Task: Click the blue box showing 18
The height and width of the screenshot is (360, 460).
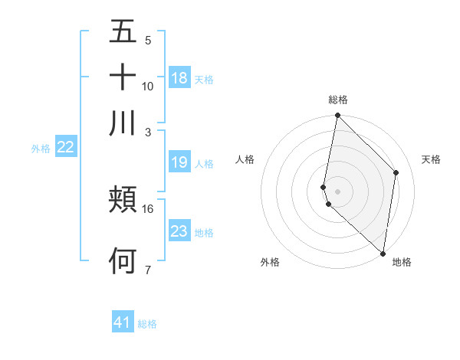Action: pos(179,78)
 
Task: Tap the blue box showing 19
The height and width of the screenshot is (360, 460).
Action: pos(179,162)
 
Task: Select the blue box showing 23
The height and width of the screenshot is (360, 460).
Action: pos(179,231)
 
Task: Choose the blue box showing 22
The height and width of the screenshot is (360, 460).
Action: pos(66,148)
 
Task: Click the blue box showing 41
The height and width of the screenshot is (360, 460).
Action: pos(123,322)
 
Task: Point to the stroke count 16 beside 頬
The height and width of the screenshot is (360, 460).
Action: pos(148,208)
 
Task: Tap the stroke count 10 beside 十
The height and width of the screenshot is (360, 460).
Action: pos(148,86)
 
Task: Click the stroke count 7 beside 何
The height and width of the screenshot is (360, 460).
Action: pos(148,270)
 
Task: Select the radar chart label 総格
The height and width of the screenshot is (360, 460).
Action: pos(338,100)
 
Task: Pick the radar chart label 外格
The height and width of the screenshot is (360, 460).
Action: pos(270,262)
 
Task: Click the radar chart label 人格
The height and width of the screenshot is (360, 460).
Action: pos(245,159)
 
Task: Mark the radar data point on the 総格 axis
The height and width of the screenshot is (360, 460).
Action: pos(337,116)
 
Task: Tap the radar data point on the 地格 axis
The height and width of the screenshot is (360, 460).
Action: pos(383,254)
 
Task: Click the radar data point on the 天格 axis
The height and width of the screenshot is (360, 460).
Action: pos(396,172)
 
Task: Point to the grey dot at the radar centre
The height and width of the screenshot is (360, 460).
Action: pos(337,191)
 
